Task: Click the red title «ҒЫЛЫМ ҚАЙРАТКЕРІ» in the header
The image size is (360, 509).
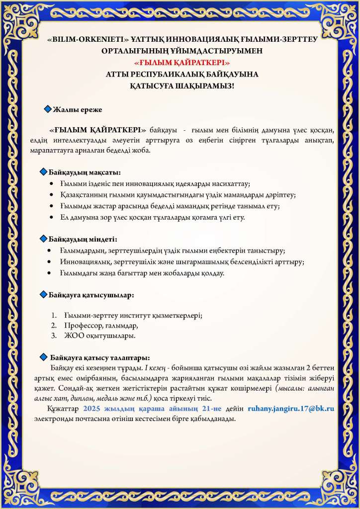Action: [x=180, y=63]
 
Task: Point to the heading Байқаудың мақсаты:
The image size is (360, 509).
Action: [x=85, y=172]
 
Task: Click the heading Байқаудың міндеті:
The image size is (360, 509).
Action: [x=83, y=240]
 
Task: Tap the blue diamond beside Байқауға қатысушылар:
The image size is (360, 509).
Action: [x=43, y=294]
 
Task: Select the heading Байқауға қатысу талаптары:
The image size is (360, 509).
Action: [x=100, y=357]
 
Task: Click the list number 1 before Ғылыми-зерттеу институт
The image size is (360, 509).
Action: [x=54, y=315]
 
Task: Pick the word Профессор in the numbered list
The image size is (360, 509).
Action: [x=84, y=326]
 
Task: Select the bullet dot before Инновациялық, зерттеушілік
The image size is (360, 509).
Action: [x=49, y=261]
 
